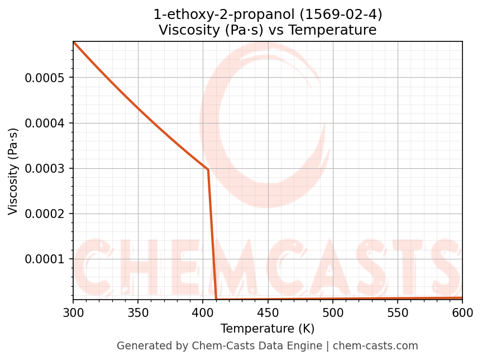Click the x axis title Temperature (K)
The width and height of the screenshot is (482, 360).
point(268,328)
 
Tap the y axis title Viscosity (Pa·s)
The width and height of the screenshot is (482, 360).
point(13,171)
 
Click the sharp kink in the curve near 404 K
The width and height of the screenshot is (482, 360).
point(208,169)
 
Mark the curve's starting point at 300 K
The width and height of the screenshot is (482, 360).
point(73,42)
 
